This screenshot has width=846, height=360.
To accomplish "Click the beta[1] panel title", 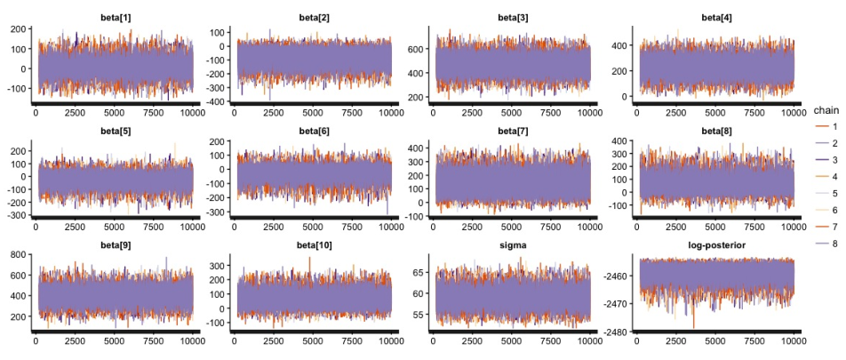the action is point(115,18).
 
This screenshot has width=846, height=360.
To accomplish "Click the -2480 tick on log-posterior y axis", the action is point(618,332).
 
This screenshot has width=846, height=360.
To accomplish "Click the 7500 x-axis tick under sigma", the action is point(550,341).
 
